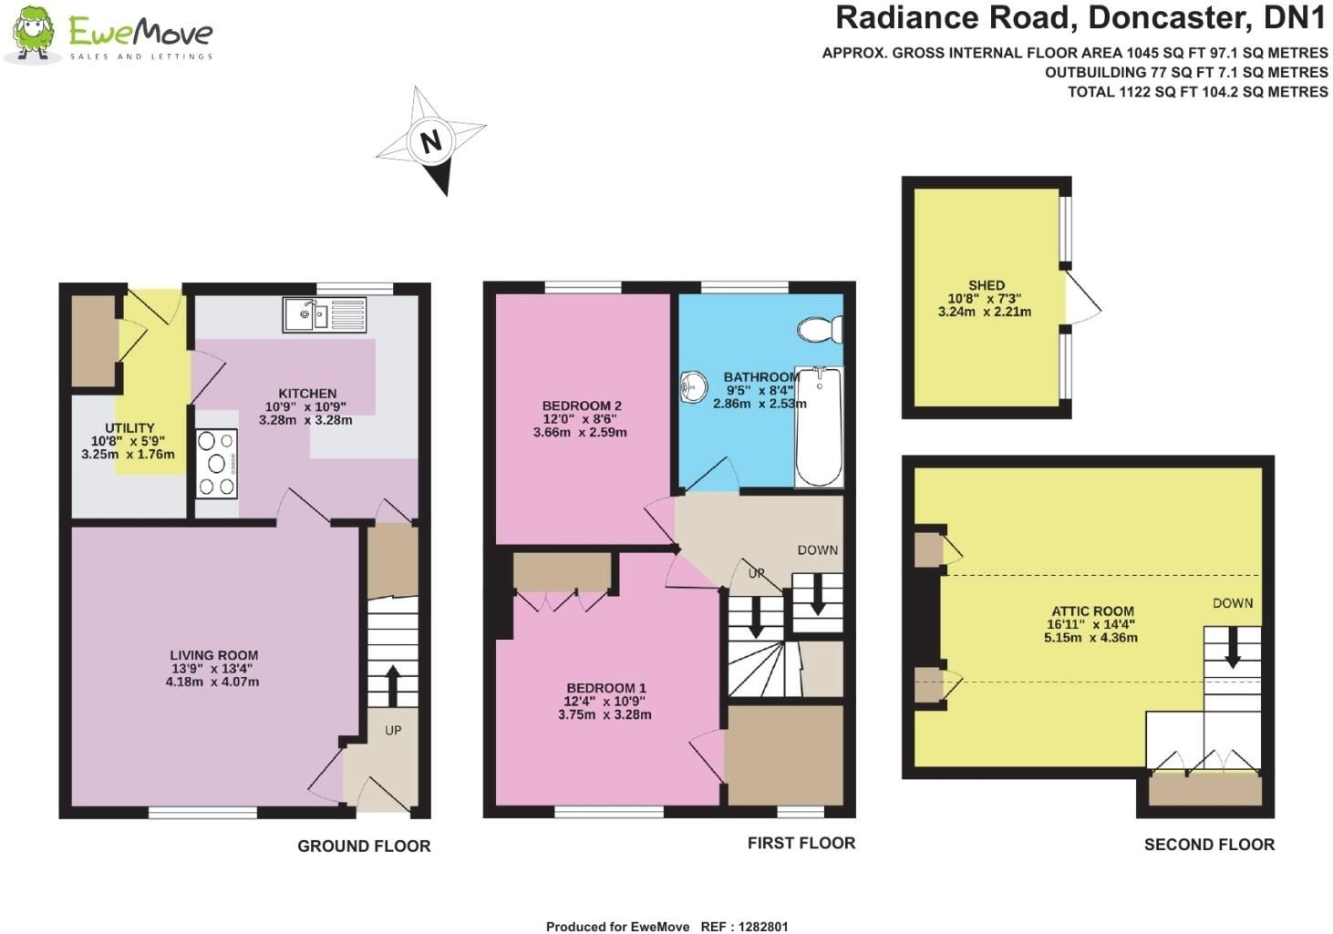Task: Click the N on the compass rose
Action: coord(430,141)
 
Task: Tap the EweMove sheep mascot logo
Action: coord(34,34)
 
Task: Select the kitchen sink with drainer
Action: coord(325,314)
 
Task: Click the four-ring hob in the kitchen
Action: coord(216,464)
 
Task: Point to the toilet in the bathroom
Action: coord(821,329)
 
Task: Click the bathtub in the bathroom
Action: coord(820,426)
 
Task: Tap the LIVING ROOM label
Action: coord(213,655)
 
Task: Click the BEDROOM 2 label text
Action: coord(582,405)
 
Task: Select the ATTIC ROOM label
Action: coord(1092,611)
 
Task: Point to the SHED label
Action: coord(986,285)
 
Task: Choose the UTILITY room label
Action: coord(129,427)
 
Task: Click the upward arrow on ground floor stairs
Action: coord(393,684)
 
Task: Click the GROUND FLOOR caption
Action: coord(364,846)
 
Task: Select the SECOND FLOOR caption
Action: coord(1209,844)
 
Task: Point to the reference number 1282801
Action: coord(763,927)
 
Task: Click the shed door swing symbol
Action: coord(1083,300)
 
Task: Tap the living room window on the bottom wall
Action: coord(202,812)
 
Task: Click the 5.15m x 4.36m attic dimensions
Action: coord(1090,638)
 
